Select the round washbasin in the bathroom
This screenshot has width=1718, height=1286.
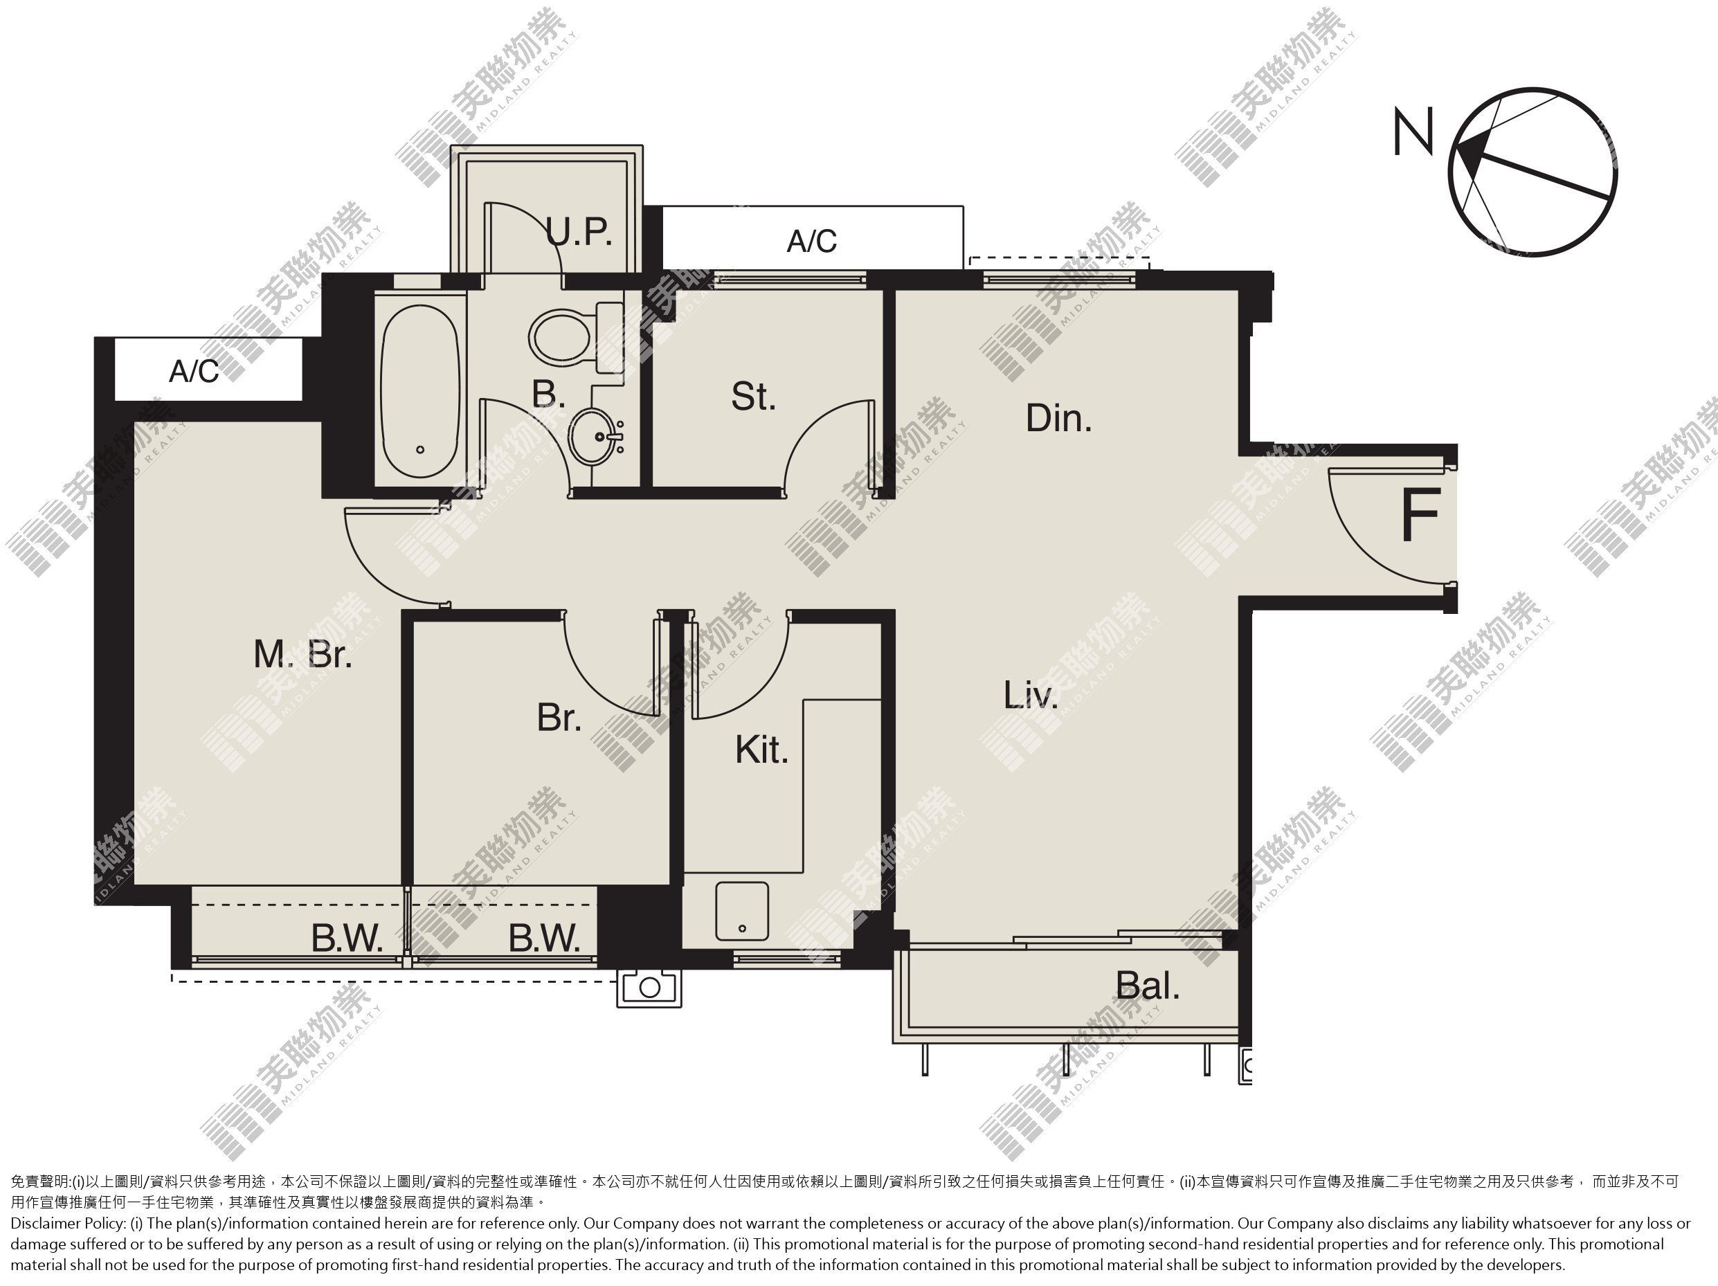coord(597,437)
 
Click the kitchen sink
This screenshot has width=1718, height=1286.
coord(742,911)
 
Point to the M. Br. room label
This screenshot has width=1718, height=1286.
coord(303,655)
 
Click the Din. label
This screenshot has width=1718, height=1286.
coord(1058,419)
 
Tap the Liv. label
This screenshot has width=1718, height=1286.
coord(1031,695)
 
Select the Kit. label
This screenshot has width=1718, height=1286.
coord(762,750)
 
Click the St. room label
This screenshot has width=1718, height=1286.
coord(753,397)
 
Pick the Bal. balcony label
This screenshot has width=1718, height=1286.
coord(1148,986)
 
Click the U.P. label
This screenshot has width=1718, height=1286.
coord(579,231)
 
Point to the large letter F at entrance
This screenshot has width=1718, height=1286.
coord(1420,515)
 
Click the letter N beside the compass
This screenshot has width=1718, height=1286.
coord(1413,132)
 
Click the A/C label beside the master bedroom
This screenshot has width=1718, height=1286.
coord(195,372)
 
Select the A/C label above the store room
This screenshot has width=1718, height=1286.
coord(812,242)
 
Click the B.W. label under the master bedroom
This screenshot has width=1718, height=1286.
coord(347,939)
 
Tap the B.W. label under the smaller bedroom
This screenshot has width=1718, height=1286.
coord(545,939)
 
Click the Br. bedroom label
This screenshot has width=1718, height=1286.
coord(559,718)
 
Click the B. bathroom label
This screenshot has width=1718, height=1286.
coord(548,394)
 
